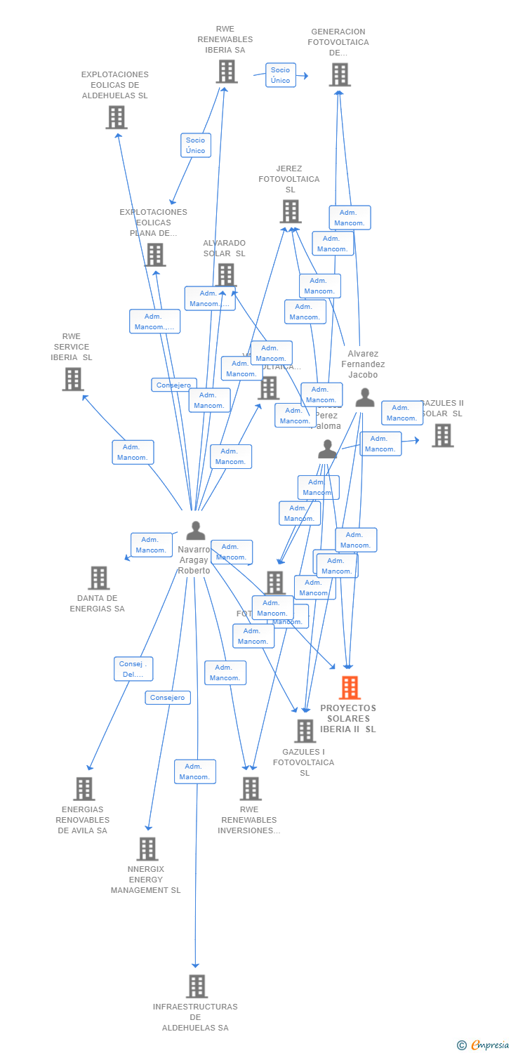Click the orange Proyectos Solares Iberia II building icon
[350, 688]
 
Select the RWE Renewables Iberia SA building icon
[226, 72]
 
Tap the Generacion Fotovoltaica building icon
[339, 74]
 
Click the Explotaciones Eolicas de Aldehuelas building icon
[116, 117]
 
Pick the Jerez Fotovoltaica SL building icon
[290, 211]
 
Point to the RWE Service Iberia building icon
[72, 379]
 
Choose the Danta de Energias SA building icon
[98, 578]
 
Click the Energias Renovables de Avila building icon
[84, 789]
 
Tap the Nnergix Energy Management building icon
[147, 849]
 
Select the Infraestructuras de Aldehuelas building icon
[197, 986]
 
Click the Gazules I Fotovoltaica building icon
[305, 731]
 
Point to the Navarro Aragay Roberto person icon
[195, 531]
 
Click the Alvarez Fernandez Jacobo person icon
[364, 398]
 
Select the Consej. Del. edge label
[133, 669]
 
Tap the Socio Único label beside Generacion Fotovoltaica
[280, 75]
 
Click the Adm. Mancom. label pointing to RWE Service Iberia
[133, 452]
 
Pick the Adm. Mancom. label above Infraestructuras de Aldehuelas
[194, 771]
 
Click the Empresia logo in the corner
[484, 1045]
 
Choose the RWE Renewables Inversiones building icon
[250, 789]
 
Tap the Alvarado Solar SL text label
[225, 248]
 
